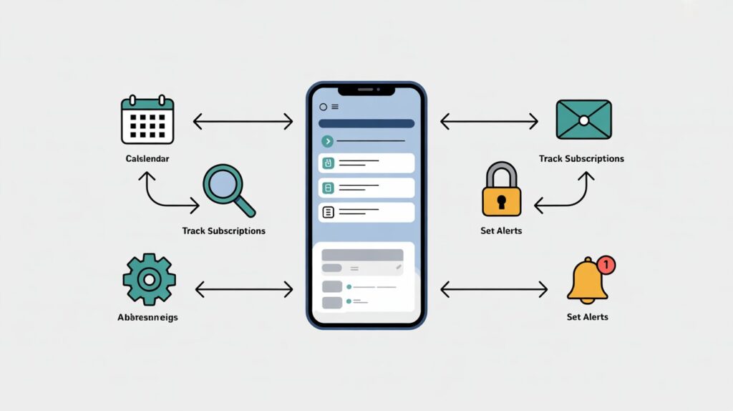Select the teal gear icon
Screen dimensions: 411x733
[x=149, y=279]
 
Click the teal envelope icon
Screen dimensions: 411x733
[x=583, y=120]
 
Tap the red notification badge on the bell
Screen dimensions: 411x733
[x=606, y=265]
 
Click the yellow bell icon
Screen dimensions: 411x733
[x=587, y=281]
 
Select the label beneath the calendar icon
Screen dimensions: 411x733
[x=147, y=158]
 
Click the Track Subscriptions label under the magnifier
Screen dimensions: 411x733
[x=224, y=231]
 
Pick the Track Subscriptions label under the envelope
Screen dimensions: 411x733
[x=581, y=158]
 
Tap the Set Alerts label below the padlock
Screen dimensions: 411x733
[x=501, y=231]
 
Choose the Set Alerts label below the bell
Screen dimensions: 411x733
[x=587, y=316]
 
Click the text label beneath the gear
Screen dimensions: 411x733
[x=147, y=316]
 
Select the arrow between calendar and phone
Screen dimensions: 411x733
[x=243, y=122]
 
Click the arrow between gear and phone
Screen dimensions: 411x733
[x=244, y=289]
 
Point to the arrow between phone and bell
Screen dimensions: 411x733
[x=494, y=289]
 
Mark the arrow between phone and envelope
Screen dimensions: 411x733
[x=489, y=122]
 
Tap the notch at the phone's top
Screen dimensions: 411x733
[x=366, y=91]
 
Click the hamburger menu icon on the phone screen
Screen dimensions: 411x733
[x=335, y=107]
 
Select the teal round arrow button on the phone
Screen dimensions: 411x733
[x=328, y=141]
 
